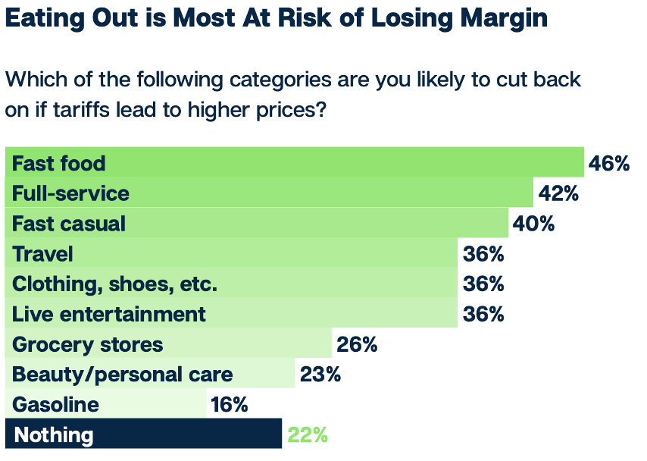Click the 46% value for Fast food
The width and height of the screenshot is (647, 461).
click(609, 163)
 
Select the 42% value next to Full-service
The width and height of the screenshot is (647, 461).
click(558, 193)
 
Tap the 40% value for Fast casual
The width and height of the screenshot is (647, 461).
click(533, 224)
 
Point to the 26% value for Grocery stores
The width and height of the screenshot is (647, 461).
click(357, 344)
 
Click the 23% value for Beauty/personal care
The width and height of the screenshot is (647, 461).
click(320, 374)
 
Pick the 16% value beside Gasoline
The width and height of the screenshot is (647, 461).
click(230, 404)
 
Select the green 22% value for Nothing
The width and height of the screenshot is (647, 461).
click(307, 435)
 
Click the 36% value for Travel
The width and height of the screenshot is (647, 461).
click(483, 253)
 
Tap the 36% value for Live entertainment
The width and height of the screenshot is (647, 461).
click(483, 314)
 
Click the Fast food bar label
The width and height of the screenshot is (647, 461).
click(59, 163)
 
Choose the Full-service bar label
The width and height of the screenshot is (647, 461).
click(71, 193)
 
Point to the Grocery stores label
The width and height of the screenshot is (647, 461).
click(88, 344)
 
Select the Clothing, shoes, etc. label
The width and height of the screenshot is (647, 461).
click(115, 284)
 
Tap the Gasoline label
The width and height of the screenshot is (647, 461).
click(56, 404)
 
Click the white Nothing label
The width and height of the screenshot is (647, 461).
click(54, 435)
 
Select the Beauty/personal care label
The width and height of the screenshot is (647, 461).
click(123, 374)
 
